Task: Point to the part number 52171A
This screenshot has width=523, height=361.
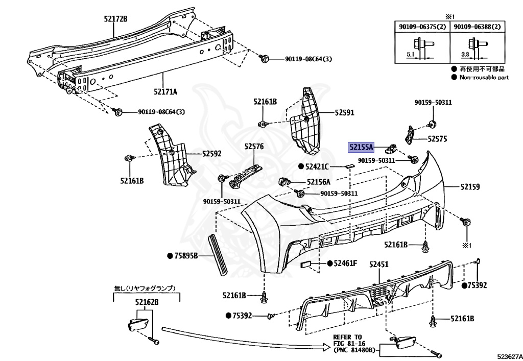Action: point(165,92)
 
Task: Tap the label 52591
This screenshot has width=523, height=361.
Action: point(344,112)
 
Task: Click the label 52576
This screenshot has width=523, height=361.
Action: point(253,147)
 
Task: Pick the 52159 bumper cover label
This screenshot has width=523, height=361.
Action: point(470,187)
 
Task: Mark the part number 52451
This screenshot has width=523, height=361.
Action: point(379,264)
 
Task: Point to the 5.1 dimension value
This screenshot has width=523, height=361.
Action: point(411,54)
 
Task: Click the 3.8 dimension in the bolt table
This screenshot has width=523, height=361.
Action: point(464,54)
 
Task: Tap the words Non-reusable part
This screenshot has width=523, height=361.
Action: point(484,77)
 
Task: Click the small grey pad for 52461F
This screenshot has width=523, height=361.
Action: point(306,264)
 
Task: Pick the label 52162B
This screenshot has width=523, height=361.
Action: point(147,302)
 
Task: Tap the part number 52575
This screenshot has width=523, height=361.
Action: point(438,138)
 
